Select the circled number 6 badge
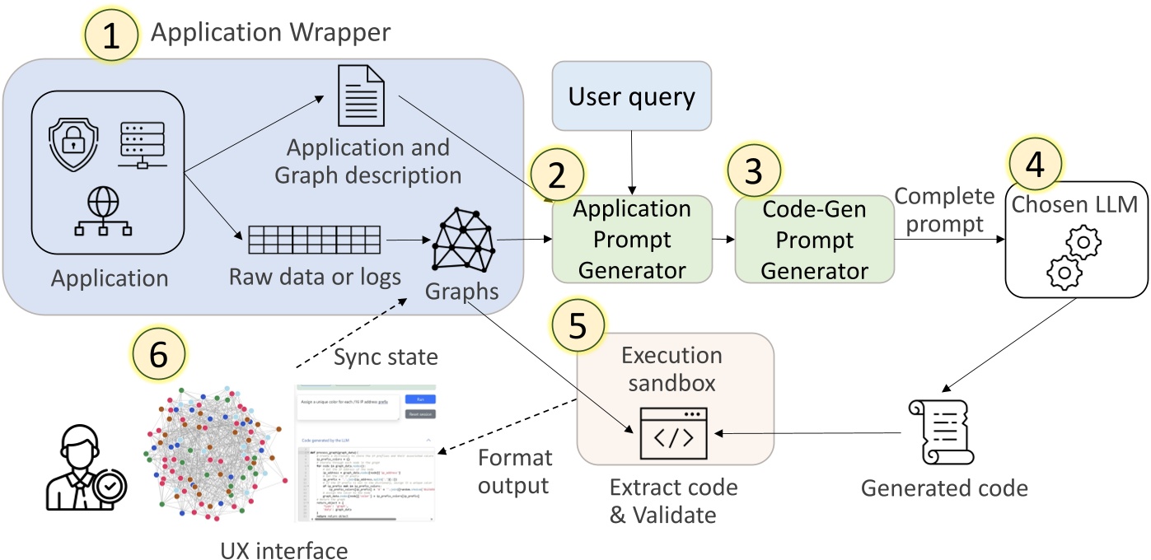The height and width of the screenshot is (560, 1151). pyautogui.click(x=159, y=357)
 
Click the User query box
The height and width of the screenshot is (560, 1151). pyautogui.click(x=631, y=96)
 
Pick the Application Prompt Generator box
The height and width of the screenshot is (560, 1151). pyautogui.click(x=631, y=239)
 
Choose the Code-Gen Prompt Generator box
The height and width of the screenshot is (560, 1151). pyautogui.click(x=814, y=239)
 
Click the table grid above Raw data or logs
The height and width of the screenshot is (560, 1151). pyautogui.click(x=314, y=240)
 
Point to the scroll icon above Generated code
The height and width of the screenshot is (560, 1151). pyautogui.click(x=942, y=432)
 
